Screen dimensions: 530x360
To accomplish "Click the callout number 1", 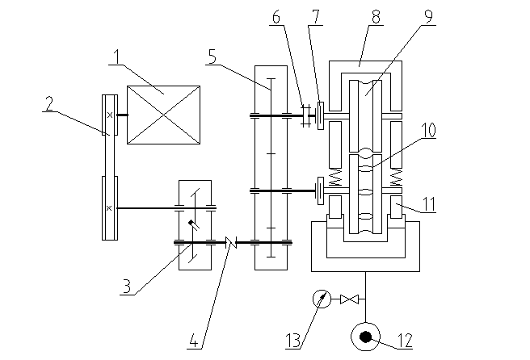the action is coord(117,57).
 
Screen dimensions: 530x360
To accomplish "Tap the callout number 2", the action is coord(49,103).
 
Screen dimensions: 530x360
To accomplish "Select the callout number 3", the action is coord(127,287).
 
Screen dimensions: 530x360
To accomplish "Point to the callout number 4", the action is coord(193,341).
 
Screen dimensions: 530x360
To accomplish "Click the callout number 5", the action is coord(212,57).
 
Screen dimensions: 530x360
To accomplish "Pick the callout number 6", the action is coord(276,17).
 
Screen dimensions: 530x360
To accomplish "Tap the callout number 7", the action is coord(316,17).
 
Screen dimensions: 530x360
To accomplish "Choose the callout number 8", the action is coord(376,17).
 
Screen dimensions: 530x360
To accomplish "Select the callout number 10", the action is coord(428,130).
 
